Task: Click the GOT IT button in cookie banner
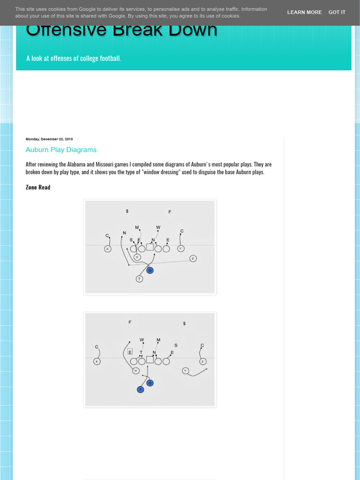pos(337,12)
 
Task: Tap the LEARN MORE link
pos(304,12)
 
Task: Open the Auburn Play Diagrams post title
pos(61,150)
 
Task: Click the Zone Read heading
pos(38,187)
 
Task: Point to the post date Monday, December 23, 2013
pos(49,139)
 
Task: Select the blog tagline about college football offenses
pos(74,59)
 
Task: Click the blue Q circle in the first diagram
pos(150,270)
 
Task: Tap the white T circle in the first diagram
pos(139,279)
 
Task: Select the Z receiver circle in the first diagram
pos(193,258)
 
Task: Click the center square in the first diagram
pos(150,247)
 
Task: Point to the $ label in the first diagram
pos(127,211)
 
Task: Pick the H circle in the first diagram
pos(137,257)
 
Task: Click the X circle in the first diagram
pos(107,249)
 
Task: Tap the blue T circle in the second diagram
pos(140,390)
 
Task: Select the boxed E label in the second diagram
pos(130,352)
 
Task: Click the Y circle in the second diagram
pos(185,371)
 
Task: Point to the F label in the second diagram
pos(130,322)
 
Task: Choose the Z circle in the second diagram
pos(202,361)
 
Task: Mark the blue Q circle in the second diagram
pos(150,383)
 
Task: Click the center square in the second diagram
pos(150,360)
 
